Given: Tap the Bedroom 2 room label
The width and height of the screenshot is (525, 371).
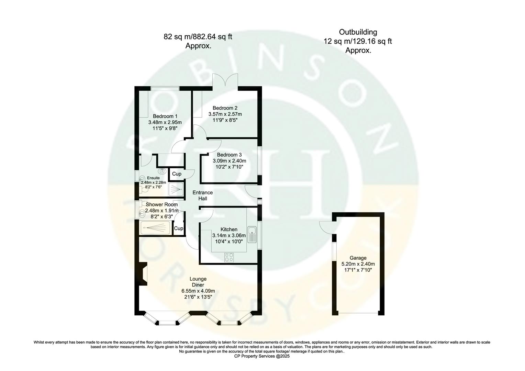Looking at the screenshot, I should click(x=225, y=108).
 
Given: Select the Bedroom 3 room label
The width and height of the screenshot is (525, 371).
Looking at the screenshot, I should click(x=229, y=155).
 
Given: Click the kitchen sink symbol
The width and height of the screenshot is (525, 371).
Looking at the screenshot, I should click(x=252, y=234).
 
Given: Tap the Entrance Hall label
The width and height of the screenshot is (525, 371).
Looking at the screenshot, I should click(x=202, y=195).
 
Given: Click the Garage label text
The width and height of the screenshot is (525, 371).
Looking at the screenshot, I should click(x=358, y=258).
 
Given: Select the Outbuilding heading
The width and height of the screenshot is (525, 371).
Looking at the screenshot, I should click(x=358, y=32).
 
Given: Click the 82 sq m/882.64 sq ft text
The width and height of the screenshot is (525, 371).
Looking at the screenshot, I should click(x=198, y=36).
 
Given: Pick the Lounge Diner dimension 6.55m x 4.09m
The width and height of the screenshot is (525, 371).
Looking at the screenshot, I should click(x=198, y=291).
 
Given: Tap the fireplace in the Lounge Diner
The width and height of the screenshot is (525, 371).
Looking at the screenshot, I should click(x=144, y=274).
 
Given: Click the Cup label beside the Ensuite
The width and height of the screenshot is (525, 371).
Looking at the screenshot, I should click(x=177, y=174).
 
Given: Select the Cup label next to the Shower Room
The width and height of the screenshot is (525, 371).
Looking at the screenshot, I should click(x=179, y=228).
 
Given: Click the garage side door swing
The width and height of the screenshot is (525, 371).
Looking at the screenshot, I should click(x=327, y=226).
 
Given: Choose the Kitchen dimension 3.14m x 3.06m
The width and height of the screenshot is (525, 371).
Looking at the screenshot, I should click(x=229, y=236).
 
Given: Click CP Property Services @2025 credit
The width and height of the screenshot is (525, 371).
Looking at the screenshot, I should click(x=262, y=357).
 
